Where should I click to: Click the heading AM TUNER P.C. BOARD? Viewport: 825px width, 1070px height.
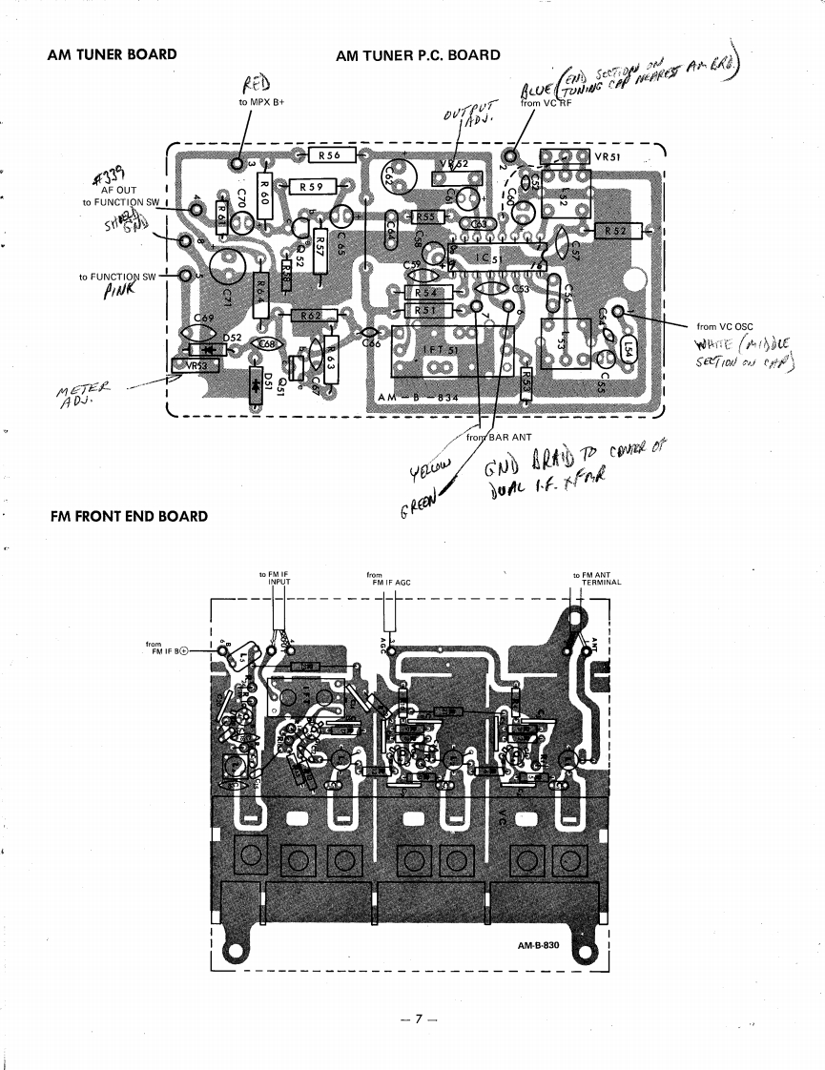418,54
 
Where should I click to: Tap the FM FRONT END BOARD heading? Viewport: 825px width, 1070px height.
128,516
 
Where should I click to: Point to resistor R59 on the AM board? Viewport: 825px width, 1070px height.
312,187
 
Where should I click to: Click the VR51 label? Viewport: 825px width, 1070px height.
608,155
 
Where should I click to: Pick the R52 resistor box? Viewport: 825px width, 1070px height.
615,231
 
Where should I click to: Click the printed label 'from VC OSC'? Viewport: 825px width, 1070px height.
725,327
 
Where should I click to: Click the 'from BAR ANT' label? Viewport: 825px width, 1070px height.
490,437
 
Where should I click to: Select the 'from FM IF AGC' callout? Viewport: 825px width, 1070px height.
387,579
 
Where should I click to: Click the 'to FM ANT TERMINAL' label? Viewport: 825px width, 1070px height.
596,579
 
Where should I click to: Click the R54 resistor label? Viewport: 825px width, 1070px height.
426,293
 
